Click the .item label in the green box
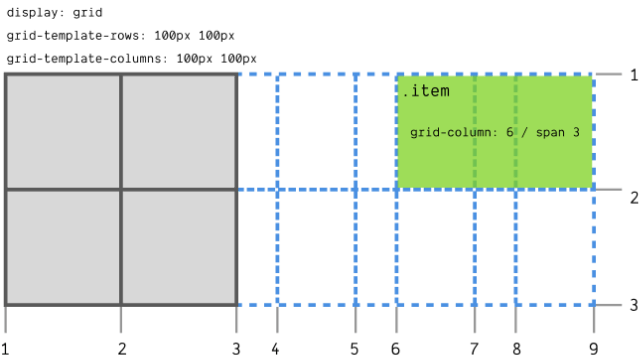click(426, 92)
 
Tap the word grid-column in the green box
click(451, 133)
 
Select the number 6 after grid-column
click(510, 133)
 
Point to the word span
click(551, 133)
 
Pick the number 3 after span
click(576, 133)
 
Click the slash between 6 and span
click(526, 133)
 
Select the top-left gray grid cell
click(63, 131)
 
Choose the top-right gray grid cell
click(179, 131)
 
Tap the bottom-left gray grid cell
click(63, 246)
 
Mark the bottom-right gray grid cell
click(179, 246)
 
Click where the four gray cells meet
click(121, 189)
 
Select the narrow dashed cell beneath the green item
click(495, 247)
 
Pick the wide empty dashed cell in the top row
click(316, 131)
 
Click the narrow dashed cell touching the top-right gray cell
click(258, 131)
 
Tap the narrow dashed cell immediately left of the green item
click(376, 131)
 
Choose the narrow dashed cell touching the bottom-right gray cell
click(258, 247)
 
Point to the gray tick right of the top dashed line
click(609, 74)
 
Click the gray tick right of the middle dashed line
click(609, 189)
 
